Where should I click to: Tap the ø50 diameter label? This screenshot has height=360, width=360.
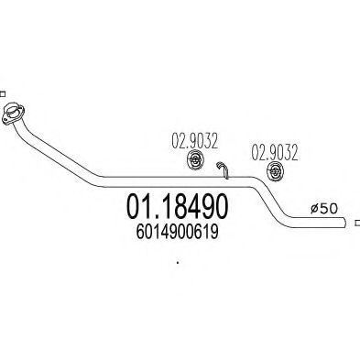pos(326,209)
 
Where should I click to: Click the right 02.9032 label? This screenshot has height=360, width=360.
pos(272,150)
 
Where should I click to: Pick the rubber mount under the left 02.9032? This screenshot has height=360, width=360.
pos(193,162)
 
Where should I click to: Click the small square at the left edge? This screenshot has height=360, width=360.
pos(3,93)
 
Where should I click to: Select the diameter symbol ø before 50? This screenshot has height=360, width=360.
pos(316,209)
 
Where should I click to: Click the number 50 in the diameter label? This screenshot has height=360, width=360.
pos(332,209)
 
